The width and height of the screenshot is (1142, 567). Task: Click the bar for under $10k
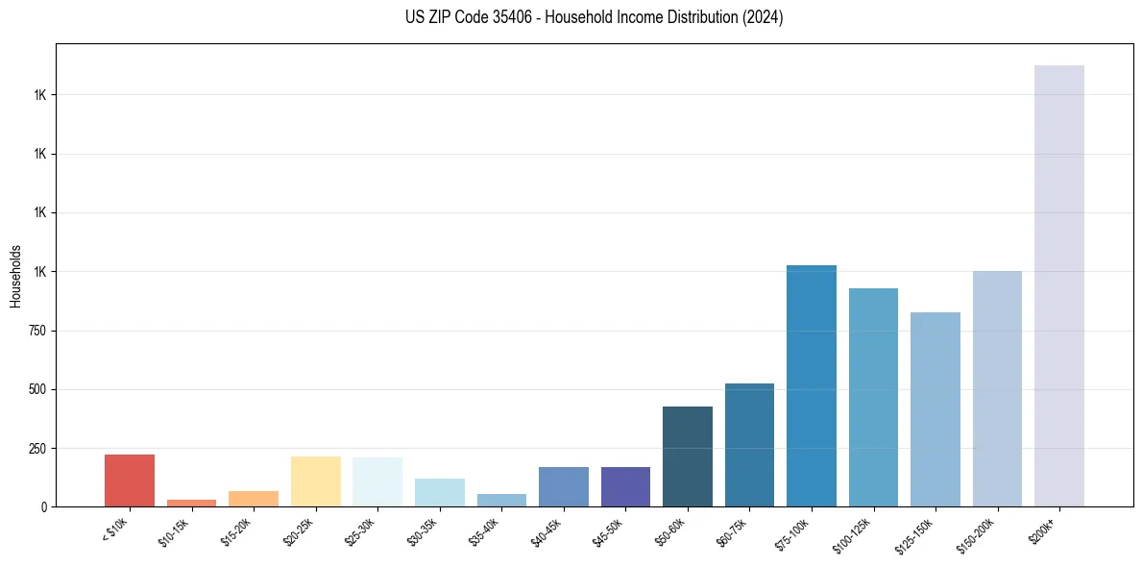130,481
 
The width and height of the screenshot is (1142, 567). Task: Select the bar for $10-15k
191,503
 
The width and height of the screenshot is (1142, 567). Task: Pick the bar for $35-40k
501,501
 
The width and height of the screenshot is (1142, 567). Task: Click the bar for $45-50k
625,487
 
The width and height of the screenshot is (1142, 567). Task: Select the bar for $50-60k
688,456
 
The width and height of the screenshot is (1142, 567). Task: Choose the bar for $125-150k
935,409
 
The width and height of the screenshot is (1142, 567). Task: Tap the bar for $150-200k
997,389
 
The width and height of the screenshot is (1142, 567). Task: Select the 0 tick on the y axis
44,507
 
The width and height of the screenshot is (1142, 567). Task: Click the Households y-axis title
15,275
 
